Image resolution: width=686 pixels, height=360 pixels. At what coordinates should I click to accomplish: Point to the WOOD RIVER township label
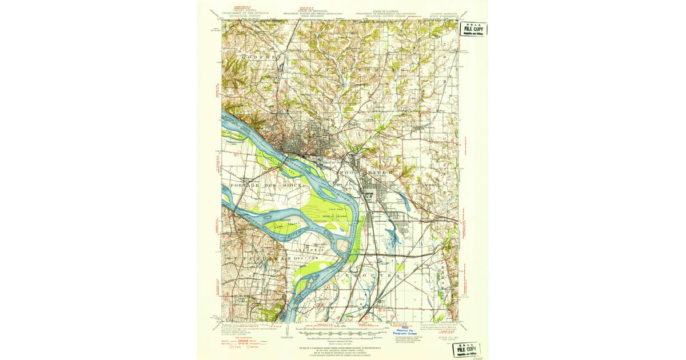366,171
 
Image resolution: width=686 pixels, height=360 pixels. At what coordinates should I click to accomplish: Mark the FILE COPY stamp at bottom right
465,349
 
